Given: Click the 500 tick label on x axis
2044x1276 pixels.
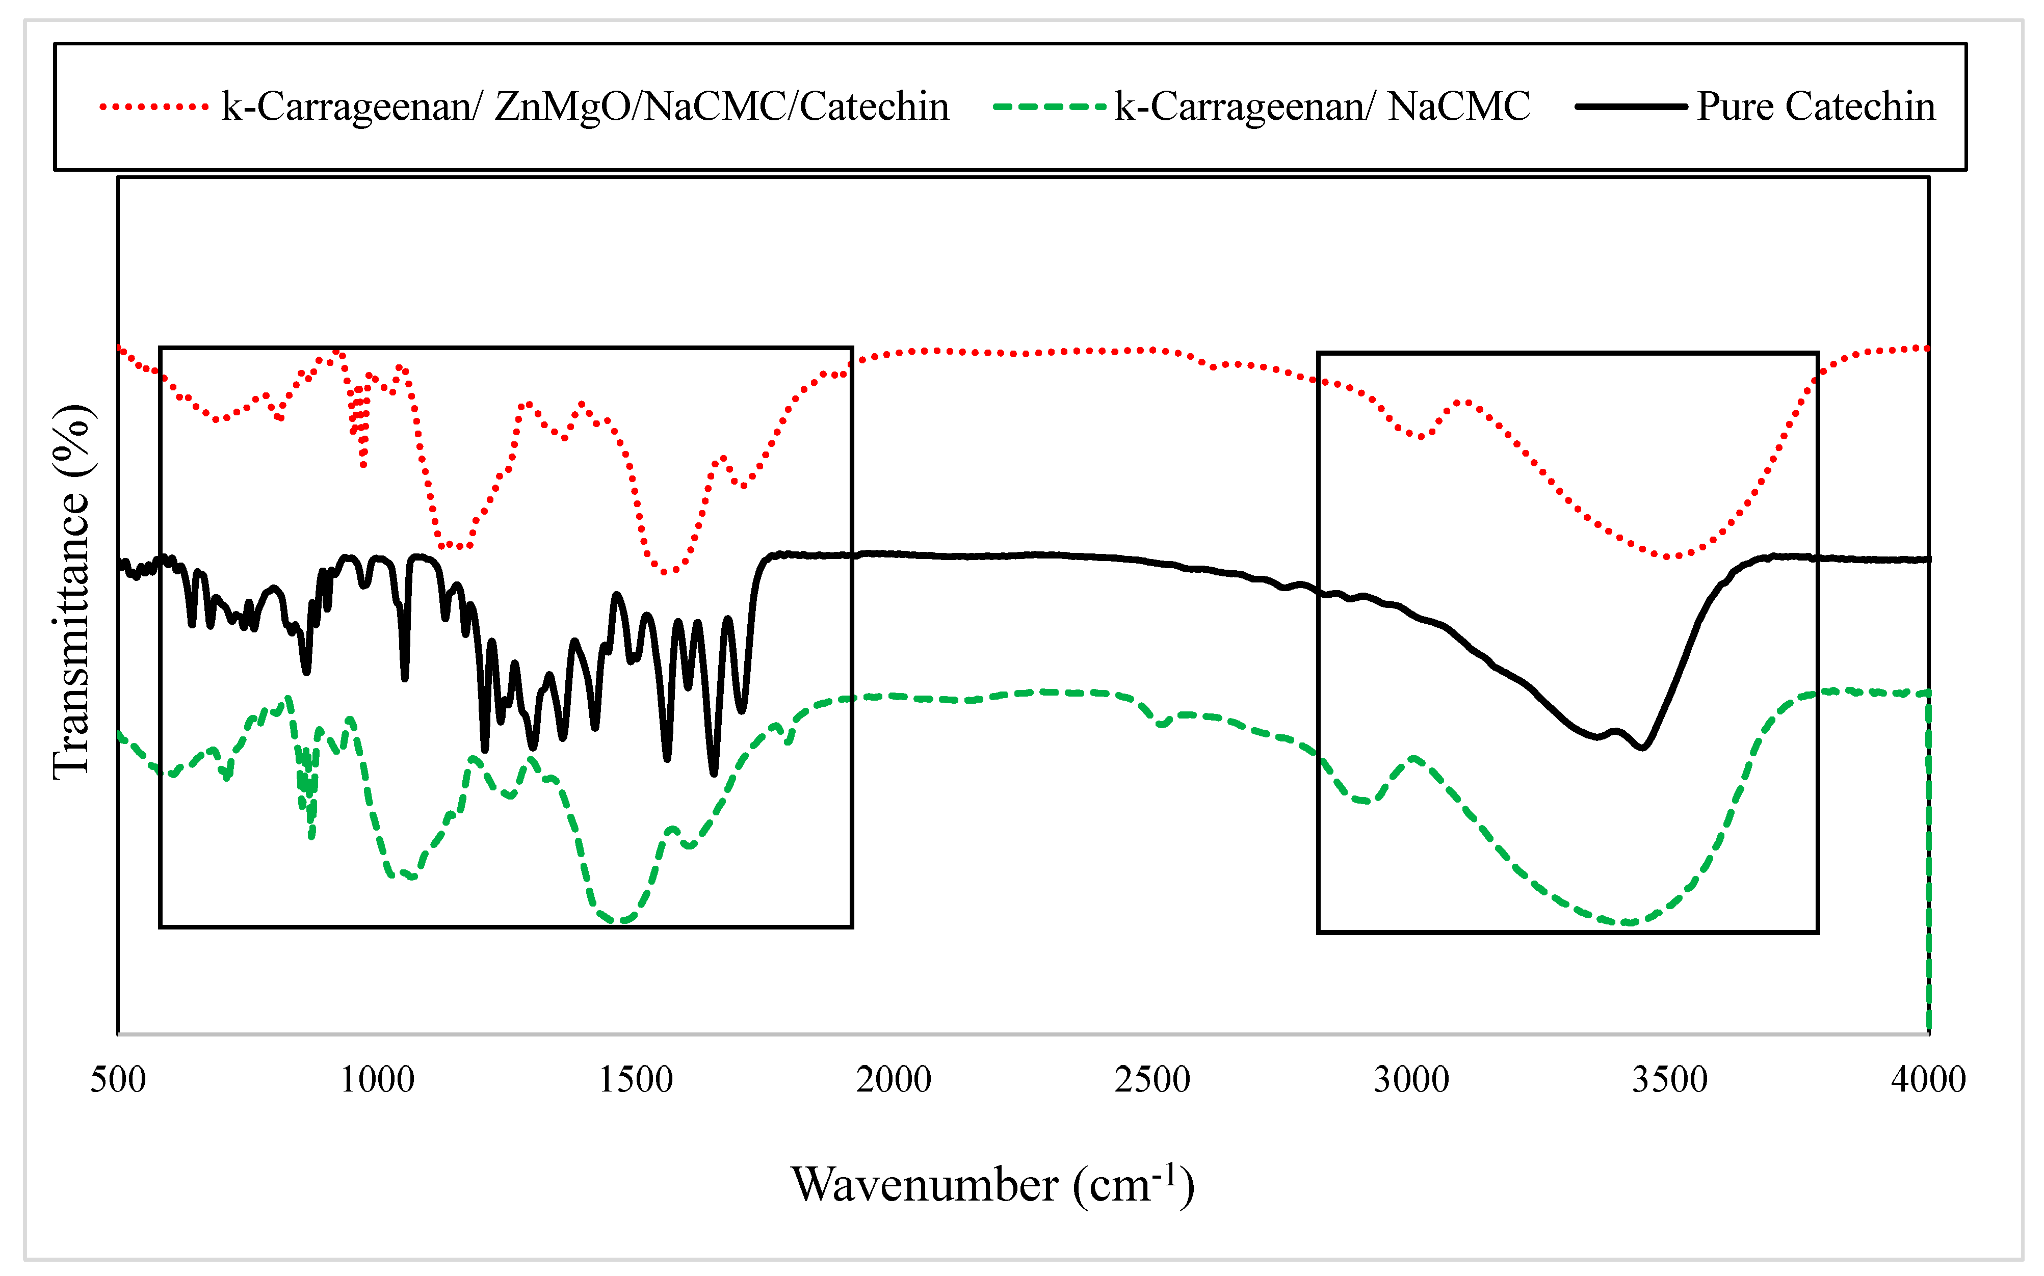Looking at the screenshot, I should click(x=118, y=1079).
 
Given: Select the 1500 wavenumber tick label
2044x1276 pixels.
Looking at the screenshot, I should click(x=636, y=1079).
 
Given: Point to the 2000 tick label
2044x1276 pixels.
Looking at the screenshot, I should click(x=894, y=1079).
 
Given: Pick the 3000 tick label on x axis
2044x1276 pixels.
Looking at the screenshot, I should click(x=1411, y=1079).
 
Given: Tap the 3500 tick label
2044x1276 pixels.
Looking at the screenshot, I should click(x=1669, y=1079).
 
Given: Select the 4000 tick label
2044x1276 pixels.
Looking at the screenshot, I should click(x=1928, y=1079).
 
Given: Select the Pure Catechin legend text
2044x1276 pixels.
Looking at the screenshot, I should click(x=1816, y=107).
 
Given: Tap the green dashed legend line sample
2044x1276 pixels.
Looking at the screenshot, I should click(x=1049, y=107).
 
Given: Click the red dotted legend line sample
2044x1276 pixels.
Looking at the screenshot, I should click(x=153, y=107).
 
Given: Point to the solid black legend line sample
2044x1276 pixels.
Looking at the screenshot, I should click(x=1631, y=107).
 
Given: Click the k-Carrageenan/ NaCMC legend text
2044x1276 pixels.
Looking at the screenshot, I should click(x=1322, y=107).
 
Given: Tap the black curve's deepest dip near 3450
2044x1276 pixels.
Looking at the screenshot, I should click(x=1642, y=748).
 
